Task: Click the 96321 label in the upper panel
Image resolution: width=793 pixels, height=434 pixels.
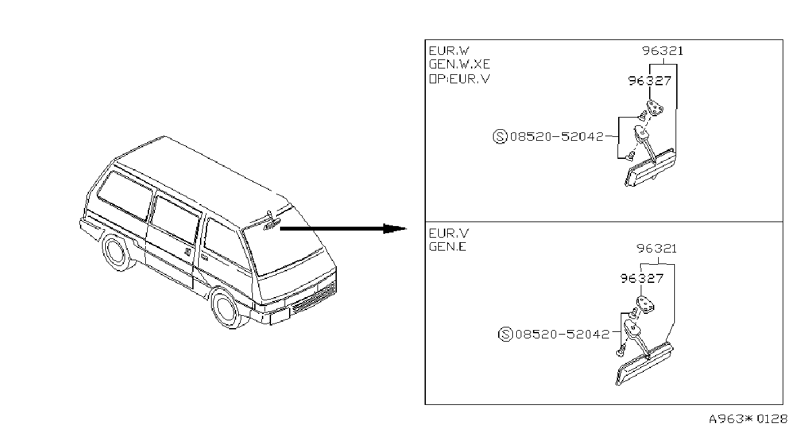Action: [663, 51]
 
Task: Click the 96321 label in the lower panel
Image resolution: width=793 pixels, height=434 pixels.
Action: [657, 249]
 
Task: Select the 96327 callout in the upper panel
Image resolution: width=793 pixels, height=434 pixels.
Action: [650, 81]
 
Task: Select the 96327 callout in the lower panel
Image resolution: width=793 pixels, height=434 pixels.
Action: [642, 278]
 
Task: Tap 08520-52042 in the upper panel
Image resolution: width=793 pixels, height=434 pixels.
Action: [557, 136]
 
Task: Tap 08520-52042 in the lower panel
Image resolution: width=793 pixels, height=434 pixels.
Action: [563, 334]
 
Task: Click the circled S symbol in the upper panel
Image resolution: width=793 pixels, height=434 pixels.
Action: [500, 136]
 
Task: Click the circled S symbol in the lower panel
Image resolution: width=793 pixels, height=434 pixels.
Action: [505, 334]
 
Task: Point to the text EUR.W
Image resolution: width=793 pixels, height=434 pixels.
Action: [449, 51]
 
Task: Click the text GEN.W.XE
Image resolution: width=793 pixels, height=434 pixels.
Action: [459, 64]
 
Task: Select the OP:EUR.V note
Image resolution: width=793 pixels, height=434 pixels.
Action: [459, 79]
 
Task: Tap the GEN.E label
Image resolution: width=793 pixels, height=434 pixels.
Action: [448, 246]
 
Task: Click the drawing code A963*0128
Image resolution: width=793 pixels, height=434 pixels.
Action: [748, 419]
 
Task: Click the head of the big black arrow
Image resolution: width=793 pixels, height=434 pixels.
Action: [395, 229]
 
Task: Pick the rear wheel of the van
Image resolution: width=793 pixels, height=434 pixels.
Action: [117, 251]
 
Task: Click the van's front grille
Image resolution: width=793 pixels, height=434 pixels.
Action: [313, 298]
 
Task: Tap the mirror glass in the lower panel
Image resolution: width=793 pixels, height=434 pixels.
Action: [645, 364]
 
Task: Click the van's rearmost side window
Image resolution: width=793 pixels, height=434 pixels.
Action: [125, 196]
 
